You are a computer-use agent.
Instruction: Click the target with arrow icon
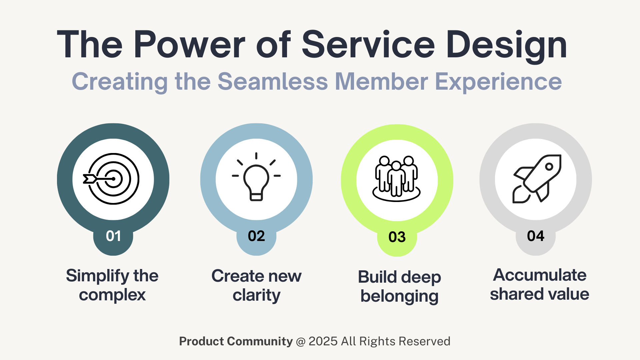[112, 179]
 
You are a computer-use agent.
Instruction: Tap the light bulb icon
[256, 177]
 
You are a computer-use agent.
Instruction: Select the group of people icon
[396, 179]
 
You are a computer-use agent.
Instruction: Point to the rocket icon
[537, 179]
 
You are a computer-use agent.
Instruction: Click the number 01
[113, 236]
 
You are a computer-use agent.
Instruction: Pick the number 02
[256, 236]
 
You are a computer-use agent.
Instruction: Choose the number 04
[536, 236]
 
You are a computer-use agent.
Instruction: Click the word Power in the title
[189, 45]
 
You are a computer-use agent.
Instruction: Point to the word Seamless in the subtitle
[273, 82]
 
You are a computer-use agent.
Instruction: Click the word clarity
[257, 296]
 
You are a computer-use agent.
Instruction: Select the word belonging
[399, 297]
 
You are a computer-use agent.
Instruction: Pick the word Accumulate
[540, 275]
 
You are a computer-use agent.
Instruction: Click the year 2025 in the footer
[323, 341]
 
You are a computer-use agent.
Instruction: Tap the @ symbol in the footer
[301, 342]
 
